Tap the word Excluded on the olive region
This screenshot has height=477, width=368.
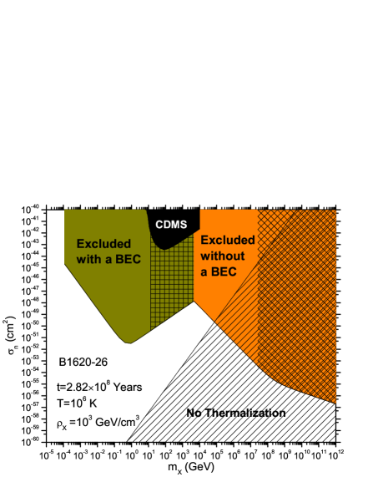pyautogui.click(x=103, y=244)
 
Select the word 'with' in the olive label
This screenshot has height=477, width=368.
pyautogui.click(x=90, y=259)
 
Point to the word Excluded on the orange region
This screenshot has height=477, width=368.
pyautogui.click(x=228, y=241)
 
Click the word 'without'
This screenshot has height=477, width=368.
pyautogui.click(x=223, y=256)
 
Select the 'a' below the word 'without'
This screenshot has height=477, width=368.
pyautogui.click(x=205, y=272)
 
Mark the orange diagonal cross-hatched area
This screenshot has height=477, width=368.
pyautogui.click(x=296, y=301)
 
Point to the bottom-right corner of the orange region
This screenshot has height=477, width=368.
pyautogui.click(x=335, y=403)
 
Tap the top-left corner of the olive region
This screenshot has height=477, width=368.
pyautogui.click(x=66, y=211)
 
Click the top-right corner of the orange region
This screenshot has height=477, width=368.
pyautogui.click(x=335, y=211)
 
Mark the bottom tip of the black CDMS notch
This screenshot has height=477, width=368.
pyautogui.click(x=166, y=248)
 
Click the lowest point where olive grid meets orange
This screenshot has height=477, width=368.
pyautogui.click(x=194, y=302)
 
